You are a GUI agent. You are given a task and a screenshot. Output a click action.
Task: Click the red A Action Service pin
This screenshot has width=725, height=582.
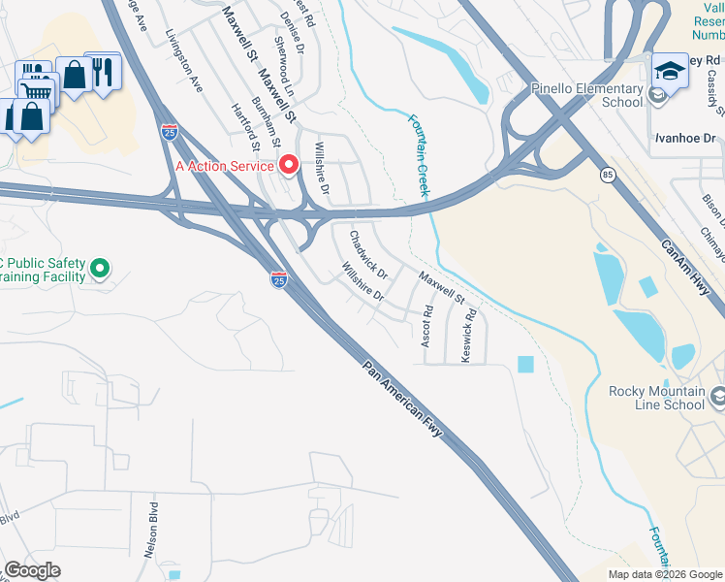(289, 165)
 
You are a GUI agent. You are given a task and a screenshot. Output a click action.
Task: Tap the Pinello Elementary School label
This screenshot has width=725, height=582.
(587, 95)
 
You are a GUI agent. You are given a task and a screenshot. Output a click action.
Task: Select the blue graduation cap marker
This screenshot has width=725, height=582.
(670, 70)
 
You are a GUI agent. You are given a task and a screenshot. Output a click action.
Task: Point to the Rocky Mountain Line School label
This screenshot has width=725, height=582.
(656, 398)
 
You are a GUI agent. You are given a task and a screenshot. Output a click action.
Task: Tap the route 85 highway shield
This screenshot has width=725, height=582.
(607, 175)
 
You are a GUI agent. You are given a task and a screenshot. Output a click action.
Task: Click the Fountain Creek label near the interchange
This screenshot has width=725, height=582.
(418, 155)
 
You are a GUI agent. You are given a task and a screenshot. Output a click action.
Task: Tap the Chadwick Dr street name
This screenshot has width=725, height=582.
(368, 250)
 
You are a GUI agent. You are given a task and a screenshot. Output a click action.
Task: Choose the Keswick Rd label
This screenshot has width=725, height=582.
(470, 336)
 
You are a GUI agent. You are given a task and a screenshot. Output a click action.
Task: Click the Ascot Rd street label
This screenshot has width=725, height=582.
(426, 327)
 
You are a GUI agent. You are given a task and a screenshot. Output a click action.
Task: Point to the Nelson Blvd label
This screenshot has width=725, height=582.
(152, 530)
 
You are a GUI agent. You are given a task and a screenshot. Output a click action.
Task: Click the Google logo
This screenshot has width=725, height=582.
(32, 570)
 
